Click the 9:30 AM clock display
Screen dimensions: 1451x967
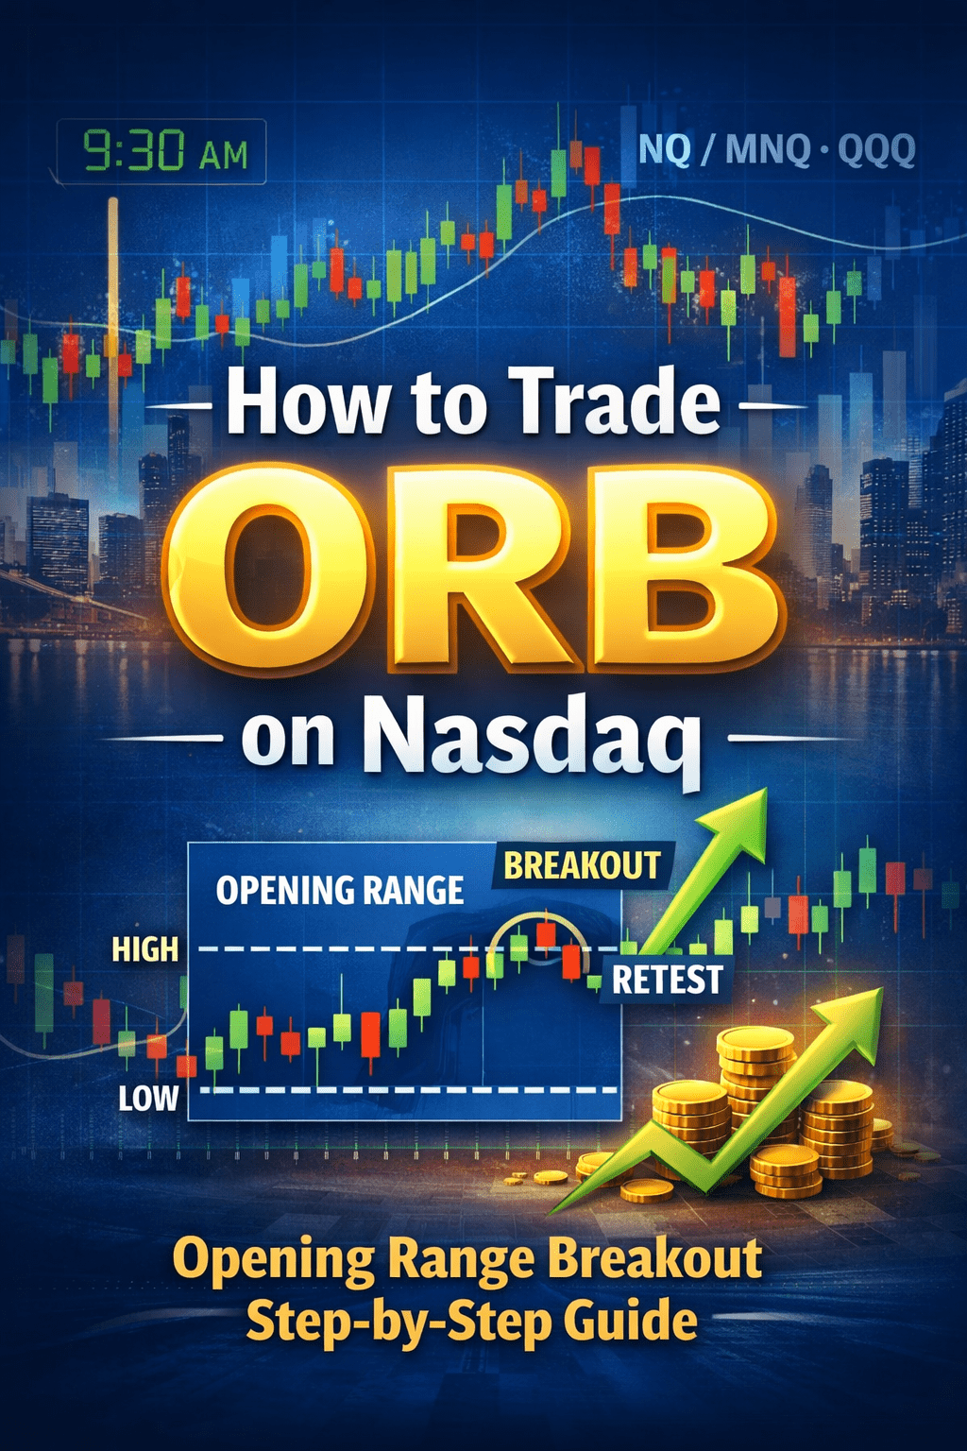click(161, 152)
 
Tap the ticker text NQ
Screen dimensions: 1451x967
click(665, 149)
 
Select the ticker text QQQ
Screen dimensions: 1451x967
click(876, 149)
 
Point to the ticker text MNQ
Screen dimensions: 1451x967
click(768, 149)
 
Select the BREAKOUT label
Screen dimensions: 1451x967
click(582, 866)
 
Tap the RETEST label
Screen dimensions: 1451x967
click(667, 981)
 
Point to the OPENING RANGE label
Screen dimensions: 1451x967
click(340, 890)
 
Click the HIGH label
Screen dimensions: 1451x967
click(144, 949)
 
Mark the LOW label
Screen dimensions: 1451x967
click(148, 1098)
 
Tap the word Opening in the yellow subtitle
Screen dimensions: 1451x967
click(273, 1260)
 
